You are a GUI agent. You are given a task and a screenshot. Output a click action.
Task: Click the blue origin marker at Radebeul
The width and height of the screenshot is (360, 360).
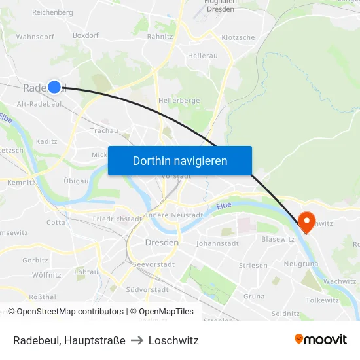54,86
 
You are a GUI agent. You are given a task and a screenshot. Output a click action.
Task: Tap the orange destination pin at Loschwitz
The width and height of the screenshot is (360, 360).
306,221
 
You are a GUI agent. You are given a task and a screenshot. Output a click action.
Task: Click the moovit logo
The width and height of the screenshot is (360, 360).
321,339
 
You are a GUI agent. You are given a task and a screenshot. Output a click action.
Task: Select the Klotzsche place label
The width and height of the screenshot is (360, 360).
238,37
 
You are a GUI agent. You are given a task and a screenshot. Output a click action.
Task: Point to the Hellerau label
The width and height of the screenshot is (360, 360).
202,56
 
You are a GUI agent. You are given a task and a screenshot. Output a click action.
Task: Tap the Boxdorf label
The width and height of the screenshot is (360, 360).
85,37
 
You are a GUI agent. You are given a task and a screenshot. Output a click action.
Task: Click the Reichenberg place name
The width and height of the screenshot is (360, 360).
52,12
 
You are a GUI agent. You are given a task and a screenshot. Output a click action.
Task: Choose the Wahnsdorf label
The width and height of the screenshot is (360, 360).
35,37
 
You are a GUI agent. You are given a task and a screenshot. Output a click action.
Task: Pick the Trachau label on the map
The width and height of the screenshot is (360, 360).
104,130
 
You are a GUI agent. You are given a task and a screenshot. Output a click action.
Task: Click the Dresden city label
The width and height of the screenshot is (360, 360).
161,242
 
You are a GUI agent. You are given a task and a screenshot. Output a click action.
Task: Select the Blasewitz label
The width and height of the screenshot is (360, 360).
278,239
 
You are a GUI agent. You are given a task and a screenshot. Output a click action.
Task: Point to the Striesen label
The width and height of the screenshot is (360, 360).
253,265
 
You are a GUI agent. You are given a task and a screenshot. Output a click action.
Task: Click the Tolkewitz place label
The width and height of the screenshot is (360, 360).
323,300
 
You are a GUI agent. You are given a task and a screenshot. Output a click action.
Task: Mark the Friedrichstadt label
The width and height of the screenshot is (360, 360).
118,219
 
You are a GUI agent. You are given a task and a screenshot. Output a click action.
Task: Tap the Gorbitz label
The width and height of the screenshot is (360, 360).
35,260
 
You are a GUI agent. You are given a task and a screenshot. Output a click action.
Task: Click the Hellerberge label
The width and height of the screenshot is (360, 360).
179,101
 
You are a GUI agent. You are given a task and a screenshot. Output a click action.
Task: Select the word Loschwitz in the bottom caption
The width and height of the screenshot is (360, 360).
173,340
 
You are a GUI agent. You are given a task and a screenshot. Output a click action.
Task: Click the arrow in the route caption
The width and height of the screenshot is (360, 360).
137,340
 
